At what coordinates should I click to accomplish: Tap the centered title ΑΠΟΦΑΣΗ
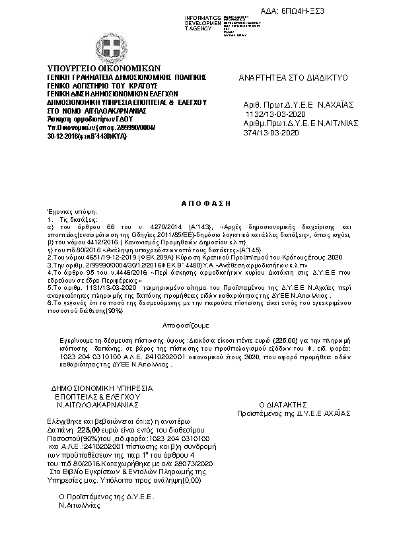[196, 207]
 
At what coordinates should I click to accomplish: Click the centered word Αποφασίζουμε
[186, 326]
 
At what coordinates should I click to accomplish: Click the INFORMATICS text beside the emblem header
[201, 17]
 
